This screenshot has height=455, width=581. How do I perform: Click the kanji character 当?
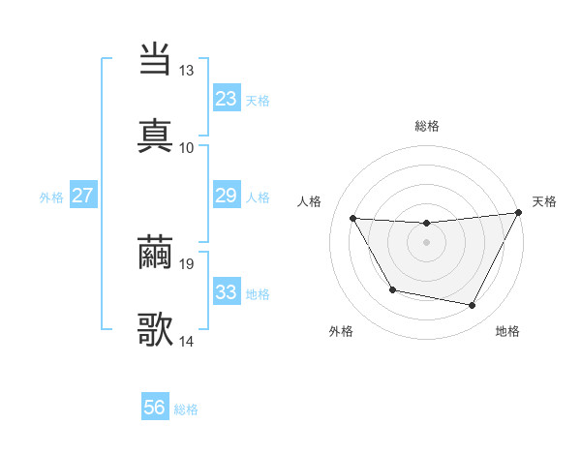coord(155,60)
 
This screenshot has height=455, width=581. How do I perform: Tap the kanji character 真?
coord(155,136)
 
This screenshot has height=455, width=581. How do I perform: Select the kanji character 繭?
coord(155,254)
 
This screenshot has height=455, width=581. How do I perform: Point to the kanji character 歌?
coord(155,330)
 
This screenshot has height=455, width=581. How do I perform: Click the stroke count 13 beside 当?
coord(187,71)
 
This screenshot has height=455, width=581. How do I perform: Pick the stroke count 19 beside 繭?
coord(187,263)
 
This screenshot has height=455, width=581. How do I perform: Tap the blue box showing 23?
coord(227,99)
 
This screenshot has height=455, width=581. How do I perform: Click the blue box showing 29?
coord(227,196)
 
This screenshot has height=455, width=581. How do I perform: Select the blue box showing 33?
coord(227,292)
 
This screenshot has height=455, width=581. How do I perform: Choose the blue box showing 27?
coord(83,196)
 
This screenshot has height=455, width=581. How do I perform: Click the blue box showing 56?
coord(155,408)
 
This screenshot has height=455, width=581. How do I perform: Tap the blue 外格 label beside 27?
coord(51,197)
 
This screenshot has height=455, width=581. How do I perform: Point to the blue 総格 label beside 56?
coord(186,409)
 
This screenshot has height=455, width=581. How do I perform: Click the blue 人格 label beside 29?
coord(258,197)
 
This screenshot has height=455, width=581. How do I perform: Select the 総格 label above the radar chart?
coord(427,126)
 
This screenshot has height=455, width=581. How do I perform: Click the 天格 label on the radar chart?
coord(544,201)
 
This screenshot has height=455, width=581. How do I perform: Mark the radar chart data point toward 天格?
coord(519,213)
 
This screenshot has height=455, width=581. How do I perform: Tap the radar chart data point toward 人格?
coord(353,218)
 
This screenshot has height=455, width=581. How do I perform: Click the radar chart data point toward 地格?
coord(473,306)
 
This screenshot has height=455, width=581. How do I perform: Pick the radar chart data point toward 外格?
coord(392,290)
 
